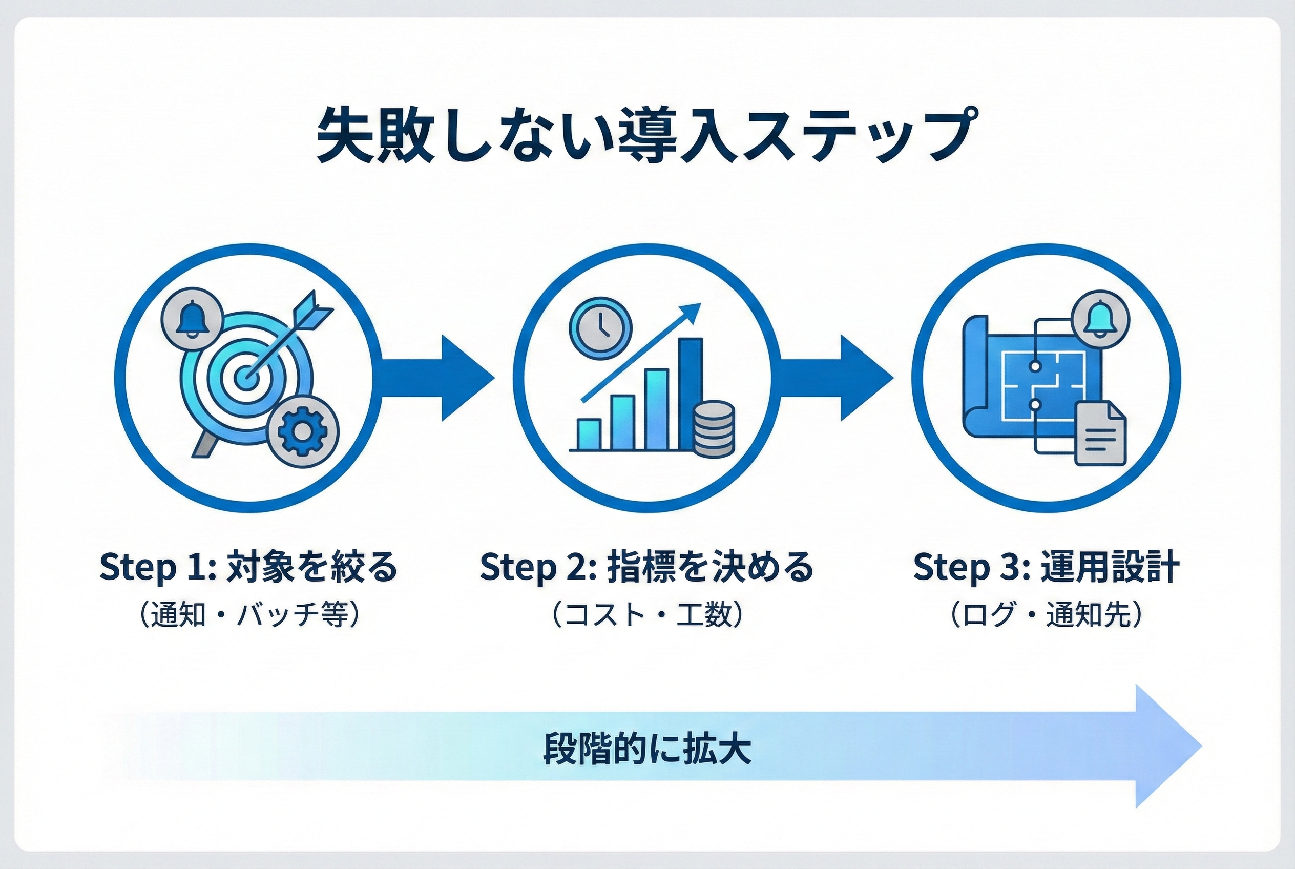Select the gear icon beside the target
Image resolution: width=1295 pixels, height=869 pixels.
[x=302, y=432]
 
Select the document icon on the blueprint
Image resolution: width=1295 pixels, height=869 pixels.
[x=1100, y=434]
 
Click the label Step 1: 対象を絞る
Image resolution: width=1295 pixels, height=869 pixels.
[x=249, y=566]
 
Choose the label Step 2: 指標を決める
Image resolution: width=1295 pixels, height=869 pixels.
[x=646, y=566]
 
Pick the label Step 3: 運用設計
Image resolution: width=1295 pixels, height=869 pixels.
[x=1046, y=566]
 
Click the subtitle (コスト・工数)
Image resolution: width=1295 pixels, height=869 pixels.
[x=646, y=615]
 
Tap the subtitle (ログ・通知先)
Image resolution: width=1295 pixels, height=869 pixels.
[x=1046, y=615]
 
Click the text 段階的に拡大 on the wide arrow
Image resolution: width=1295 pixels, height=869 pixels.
[x=647, y=749]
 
